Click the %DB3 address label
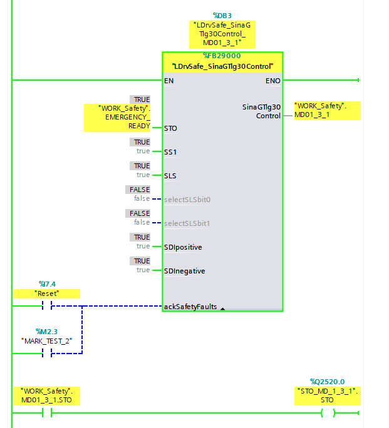[222, 15]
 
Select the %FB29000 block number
[222, 56]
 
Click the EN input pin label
[169, 81]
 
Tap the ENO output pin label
[273, 81]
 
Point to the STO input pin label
[170, 128]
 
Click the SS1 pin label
[170, 152]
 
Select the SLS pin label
[170, 176]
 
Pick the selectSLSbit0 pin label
[186, 200]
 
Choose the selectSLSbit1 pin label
[186, 223]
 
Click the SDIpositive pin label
[183, 247]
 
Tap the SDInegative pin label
[184, 271]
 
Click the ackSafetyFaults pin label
[190, 307]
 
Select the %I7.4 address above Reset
[47, 284]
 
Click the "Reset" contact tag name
[47, 293]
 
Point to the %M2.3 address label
[47, 331]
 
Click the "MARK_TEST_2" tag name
[47, 340]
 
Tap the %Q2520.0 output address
[327, 382]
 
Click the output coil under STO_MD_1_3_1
[327, 413]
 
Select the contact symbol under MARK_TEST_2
[47, 354]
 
